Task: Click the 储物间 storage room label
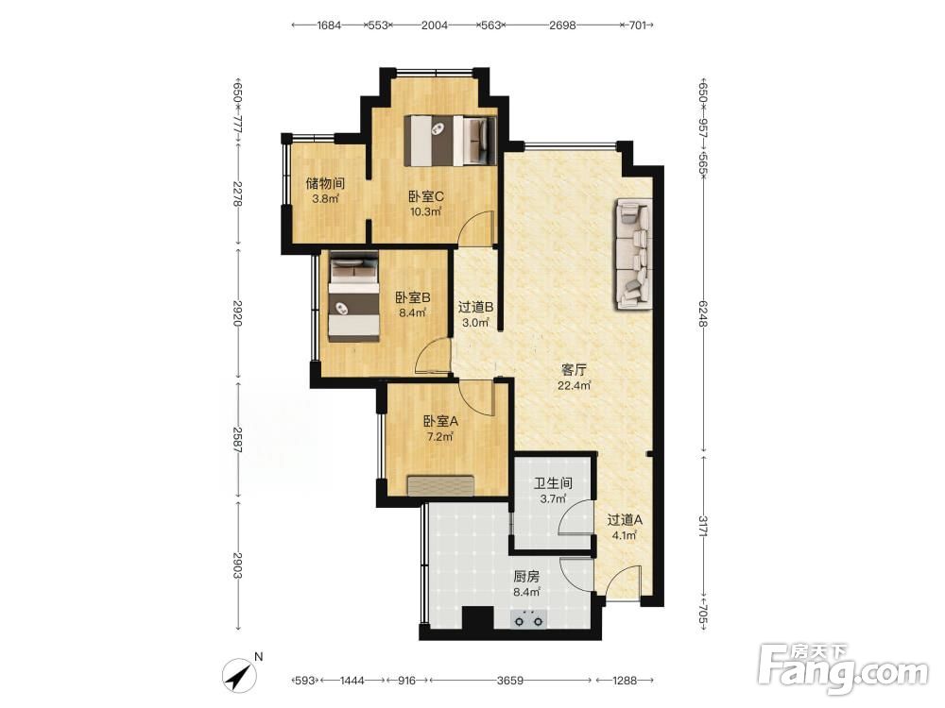pyautogui.click(x=325, y=183)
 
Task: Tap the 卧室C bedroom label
pyautogui.click(x=426, y=196)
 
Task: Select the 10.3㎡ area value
pyautogui.click(x=426, y=211)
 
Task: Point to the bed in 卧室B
pyautogui.click(x=353, y=296)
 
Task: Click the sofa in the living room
pyautogui.click(x=633, y=254)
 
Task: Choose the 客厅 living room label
pyautogui.click(x=574, y=370)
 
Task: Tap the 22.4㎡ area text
pyautogui.click(x=574, y=386)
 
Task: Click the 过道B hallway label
pyautogui.click(x=476, y=307)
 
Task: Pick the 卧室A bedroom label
pyautogui.click(x=440, y=421)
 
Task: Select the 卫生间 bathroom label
pyautogui.click(x=553, y=482)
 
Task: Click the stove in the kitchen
pyautogui.click(x=528, y=618)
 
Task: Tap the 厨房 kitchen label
pyautogui.click(x=526, y=576)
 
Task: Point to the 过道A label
pyautogui.click(x=625, y=519)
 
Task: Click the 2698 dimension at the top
pyautogui.click(x=562, y=25)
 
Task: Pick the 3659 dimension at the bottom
pyautogui.click(x=510, y=681)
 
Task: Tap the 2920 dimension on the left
pyautogui.click(x=237, y=313)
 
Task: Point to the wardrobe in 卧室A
pyautogui.click(x=440, y=486)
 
